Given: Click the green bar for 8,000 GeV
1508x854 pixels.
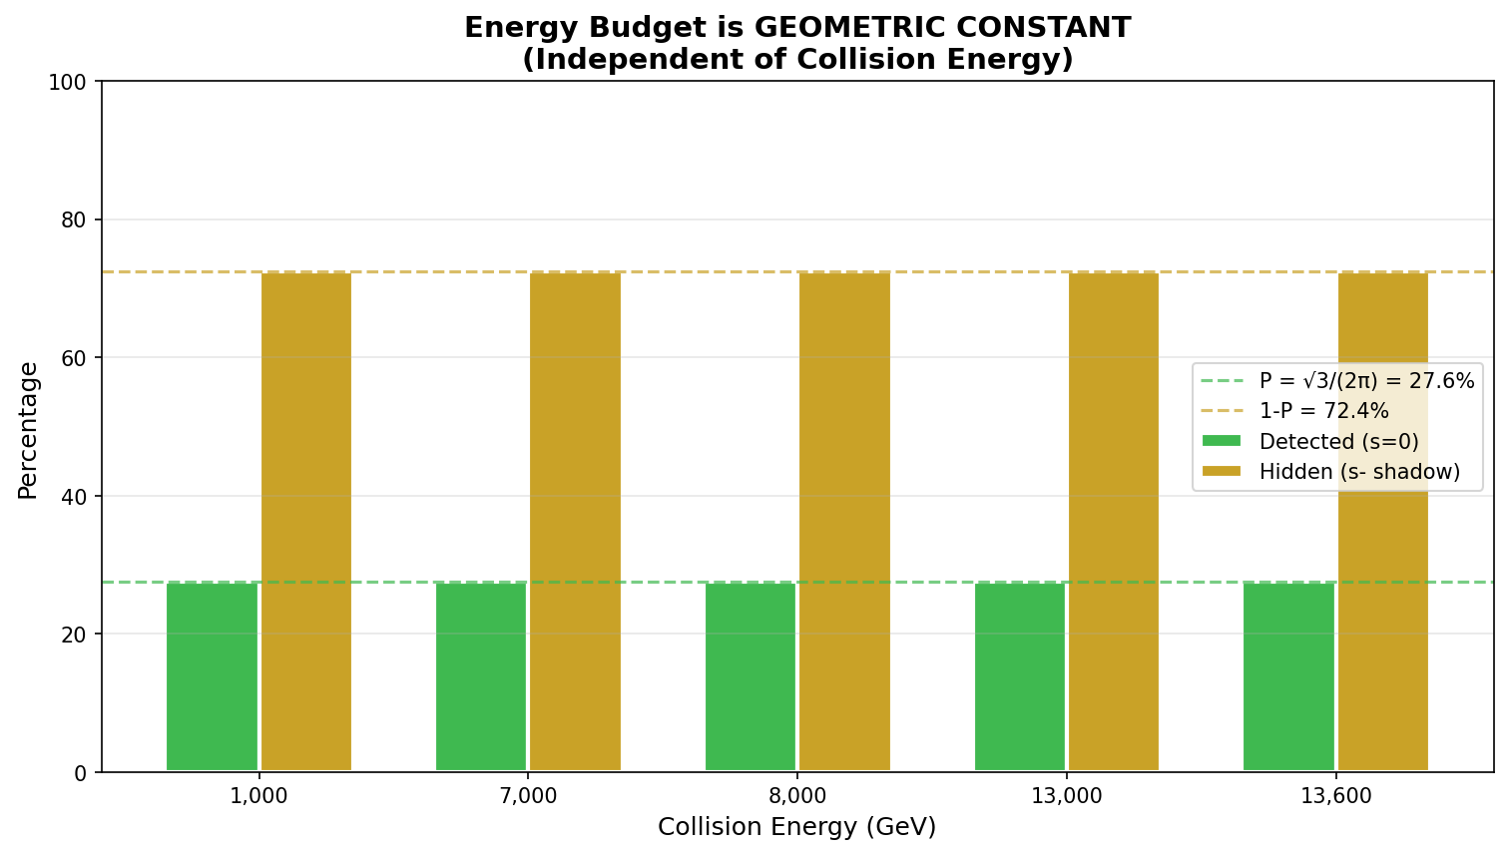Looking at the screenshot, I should [x=751, y=676].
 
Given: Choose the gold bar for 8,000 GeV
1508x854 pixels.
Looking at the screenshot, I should [x=844, y=522].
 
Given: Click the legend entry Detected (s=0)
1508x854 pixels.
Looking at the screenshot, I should [x=1338, y=441].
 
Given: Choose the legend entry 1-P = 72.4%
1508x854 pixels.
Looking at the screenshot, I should [x=1323, y=411].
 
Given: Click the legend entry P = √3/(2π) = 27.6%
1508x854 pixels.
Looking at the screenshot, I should [x=1366, y=381].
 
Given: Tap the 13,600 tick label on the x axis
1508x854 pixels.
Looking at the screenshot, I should [x=1335, y=796].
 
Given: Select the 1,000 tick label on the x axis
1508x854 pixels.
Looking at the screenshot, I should [x=259, y=796].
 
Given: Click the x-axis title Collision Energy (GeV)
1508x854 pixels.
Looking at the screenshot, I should [x=796, y=827].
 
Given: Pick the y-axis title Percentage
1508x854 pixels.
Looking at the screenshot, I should [x=28, y=430].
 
